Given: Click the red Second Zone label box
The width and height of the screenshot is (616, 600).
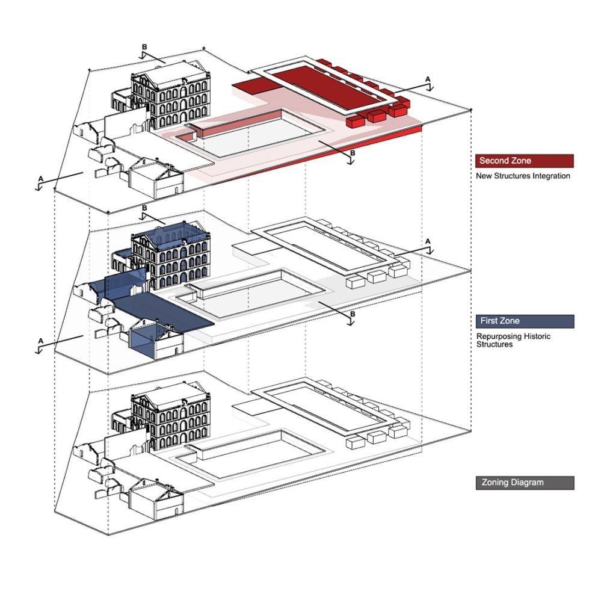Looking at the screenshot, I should click(x=524, y=161).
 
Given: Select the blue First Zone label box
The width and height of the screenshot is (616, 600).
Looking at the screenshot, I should click(x=524, y=321).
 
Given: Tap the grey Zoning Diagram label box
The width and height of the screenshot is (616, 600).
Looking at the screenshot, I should click(x=524, y=483).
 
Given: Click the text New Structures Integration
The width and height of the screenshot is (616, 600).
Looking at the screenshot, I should click(x=523, y=176).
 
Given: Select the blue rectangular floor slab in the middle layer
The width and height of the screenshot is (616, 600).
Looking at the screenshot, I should click(x=162, y=311).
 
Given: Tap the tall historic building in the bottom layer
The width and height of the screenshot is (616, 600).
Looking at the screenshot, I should click(x=171, y=418).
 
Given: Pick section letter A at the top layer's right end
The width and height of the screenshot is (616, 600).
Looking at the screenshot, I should click(x=428, y=79).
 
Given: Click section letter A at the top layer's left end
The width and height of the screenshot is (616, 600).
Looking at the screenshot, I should click(x=40, y=179).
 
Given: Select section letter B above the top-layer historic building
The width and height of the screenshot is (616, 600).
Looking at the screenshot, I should click(x=144, y=46).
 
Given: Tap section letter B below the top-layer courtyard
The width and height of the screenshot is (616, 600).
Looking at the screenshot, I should click(x=353, y=152).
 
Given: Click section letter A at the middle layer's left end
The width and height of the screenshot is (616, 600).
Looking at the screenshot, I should click(x=40, y=341).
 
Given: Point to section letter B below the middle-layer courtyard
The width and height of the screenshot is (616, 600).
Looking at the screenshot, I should click(x=353, y=314).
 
